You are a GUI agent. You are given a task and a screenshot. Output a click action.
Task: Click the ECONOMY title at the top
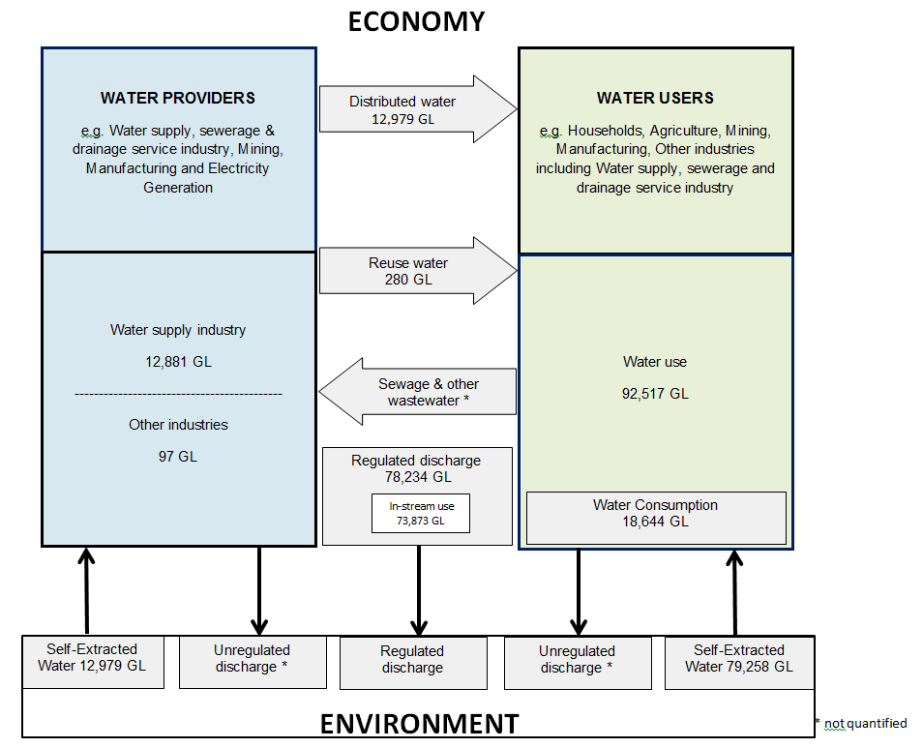[x=416, y=20]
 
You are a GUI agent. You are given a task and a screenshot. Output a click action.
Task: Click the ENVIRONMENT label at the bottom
[x=419, y=723]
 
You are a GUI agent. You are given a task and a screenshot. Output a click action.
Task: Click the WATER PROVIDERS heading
[x=178, y=98]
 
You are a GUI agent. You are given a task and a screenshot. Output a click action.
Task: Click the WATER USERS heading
[x=655, y=98]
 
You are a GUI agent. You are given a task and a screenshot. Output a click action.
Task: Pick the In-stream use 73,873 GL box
[x=421, y=513]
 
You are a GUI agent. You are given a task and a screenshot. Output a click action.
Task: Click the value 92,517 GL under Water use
[x=655, y=394]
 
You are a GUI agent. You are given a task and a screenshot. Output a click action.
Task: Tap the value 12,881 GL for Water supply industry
[x=178, y=362]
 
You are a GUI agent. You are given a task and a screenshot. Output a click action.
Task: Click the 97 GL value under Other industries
[x=178, y=456]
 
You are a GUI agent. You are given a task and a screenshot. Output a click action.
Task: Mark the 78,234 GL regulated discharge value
[x=415, y=477]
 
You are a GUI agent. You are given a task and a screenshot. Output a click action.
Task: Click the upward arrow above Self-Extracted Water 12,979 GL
[x=87, y=590]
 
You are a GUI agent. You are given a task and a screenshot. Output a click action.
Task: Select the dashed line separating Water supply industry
[x=178, y=394]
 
